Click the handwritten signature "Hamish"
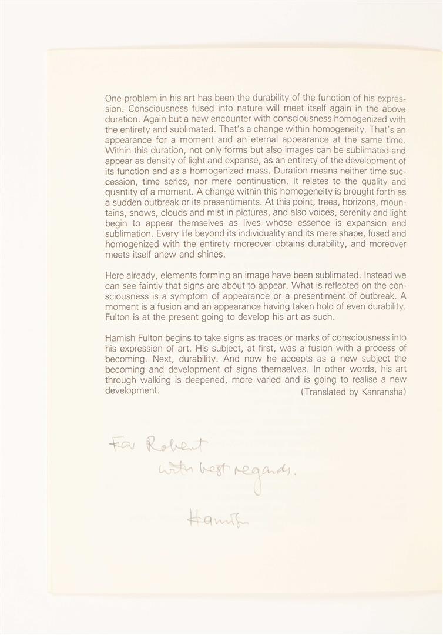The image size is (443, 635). click(x=212, y=518)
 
